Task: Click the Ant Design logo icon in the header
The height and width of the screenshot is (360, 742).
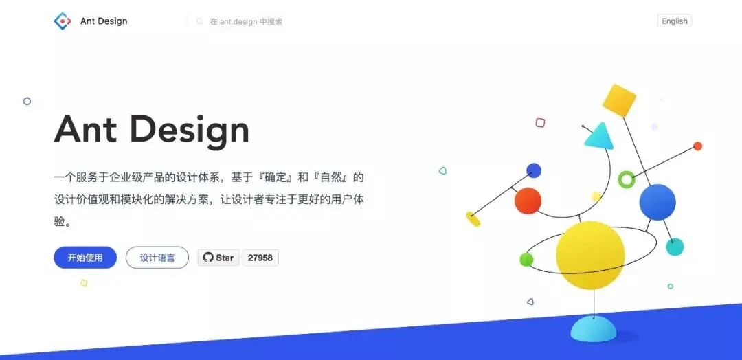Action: [x=63, y=21]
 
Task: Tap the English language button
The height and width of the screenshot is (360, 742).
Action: [x=675, y=21]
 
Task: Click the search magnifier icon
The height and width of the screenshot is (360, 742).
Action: [x=200, y=21]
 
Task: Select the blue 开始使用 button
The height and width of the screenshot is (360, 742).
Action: [x=85, y=258]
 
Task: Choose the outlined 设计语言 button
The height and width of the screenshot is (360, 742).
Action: [x=157, y=258]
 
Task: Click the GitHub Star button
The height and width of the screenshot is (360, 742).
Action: [x=218, y=258]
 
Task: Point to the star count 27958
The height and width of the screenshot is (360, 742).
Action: [x=260, y=258]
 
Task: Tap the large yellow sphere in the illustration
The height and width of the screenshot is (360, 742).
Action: [x=590, y=255]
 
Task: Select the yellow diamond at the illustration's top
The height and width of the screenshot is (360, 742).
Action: [x=619, y=100]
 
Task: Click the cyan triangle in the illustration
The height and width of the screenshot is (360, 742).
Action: [x=600, y=137]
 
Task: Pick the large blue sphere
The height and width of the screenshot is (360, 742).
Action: [x=657, y=202]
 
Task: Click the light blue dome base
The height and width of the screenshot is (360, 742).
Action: [x=594, y=329]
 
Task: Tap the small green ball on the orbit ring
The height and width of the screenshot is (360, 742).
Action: [x=526, y=259]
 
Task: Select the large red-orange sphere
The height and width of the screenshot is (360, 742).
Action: [x=528, y=201]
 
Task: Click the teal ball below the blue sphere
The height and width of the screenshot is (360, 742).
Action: [x=675, y=247]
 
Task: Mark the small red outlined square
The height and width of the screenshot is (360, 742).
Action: [x=540, y=123]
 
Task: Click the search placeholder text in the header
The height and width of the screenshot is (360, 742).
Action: [x=246, y=21]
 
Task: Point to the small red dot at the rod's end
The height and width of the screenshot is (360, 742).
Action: [x=697, y=146]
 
